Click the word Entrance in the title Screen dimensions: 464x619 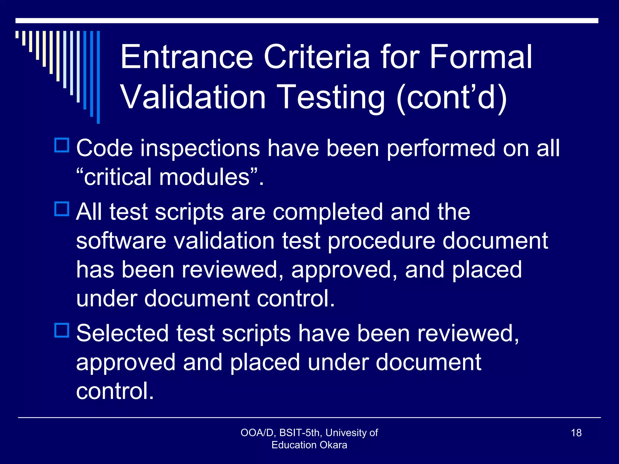click(186, 57)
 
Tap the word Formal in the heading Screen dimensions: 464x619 click(481, 57)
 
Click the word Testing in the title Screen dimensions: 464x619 click(330, 97)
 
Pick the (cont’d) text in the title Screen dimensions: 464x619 click(452, 97)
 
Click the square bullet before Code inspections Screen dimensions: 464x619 click(62, 145)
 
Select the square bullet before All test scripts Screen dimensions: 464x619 click(62, 209)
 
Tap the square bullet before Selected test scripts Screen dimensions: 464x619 click(62, 330)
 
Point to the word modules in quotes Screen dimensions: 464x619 click(204, 177)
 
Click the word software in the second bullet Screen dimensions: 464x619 click(121, 241)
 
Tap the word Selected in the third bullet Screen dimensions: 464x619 click(122, 333)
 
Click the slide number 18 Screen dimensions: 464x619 click(576, 433)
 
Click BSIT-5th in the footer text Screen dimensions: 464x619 click(300, 433)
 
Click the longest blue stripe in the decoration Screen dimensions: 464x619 click(98, 77)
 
